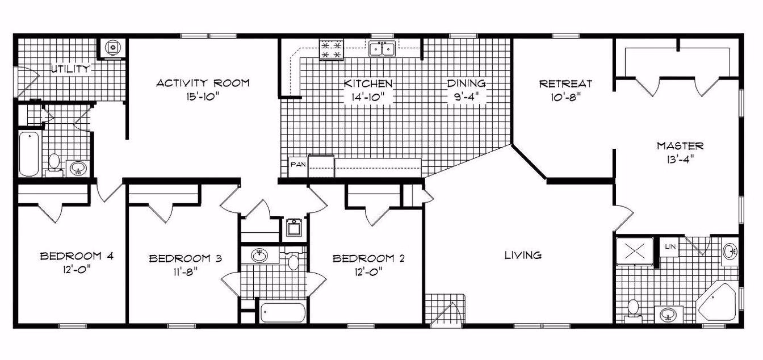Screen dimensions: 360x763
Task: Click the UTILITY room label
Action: (x=70, y=69)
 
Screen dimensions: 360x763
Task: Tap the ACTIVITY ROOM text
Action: (x=203, y=83)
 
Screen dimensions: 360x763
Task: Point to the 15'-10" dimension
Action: (x=203, y=97)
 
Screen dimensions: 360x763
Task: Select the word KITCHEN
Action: (x=368, y=83)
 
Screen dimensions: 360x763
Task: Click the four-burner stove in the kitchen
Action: (x=332, y=49)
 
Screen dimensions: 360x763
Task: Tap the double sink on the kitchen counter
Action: (x=382, y=49)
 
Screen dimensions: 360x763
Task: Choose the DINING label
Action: (x=466, y=83)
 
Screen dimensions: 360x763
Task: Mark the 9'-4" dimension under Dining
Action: (x=466, y=97)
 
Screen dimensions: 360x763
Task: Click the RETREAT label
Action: (x=565, y=83)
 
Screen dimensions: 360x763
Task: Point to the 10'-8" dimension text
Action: (x=565, y=97)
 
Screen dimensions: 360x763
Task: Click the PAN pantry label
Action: (x=298, y=165)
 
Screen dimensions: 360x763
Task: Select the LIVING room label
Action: (x=523, y=256)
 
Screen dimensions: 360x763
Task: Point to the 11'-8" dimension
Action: (x=185, y=273)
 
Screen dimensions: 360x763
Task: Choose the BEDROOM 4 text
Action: (x=77, y=256)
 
